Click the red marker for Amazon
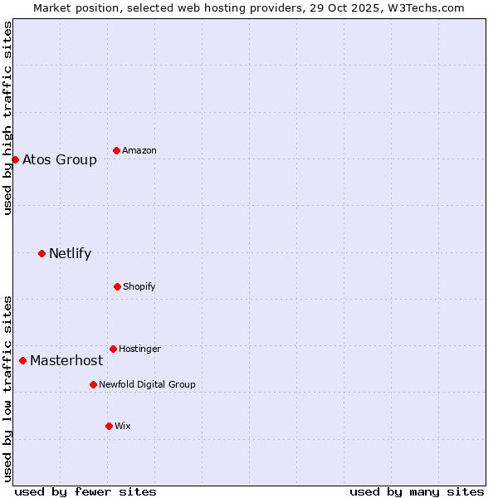tap(116, 150)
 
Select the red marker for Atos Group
tap(15, 159)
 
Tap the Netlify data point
tap(41, 253)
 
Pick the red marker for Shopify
tap(117, 286)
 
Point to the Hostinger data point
tap(113, 349)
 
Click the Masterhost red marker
tap(22, 360)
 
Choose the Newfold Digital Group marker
tap(93, 384)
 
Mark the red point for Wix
tap(109, 426)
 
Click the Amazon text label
tap(139, 150)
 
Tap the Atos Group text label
tap(60, 159)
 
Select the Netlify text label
tap(70, 253)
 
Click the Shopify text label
tap(139, 286)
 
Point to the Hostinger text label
tap(139, 349)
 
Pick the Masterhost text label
tap(66, 360)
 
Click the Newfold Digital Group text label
tap(147, 384)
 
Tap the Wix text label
tap(123, 426)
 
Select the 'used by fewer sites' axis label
tap(85, 491)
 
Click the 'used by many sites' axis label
tap(417, 491)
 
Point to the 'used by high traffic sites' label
tap(7, 118)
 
